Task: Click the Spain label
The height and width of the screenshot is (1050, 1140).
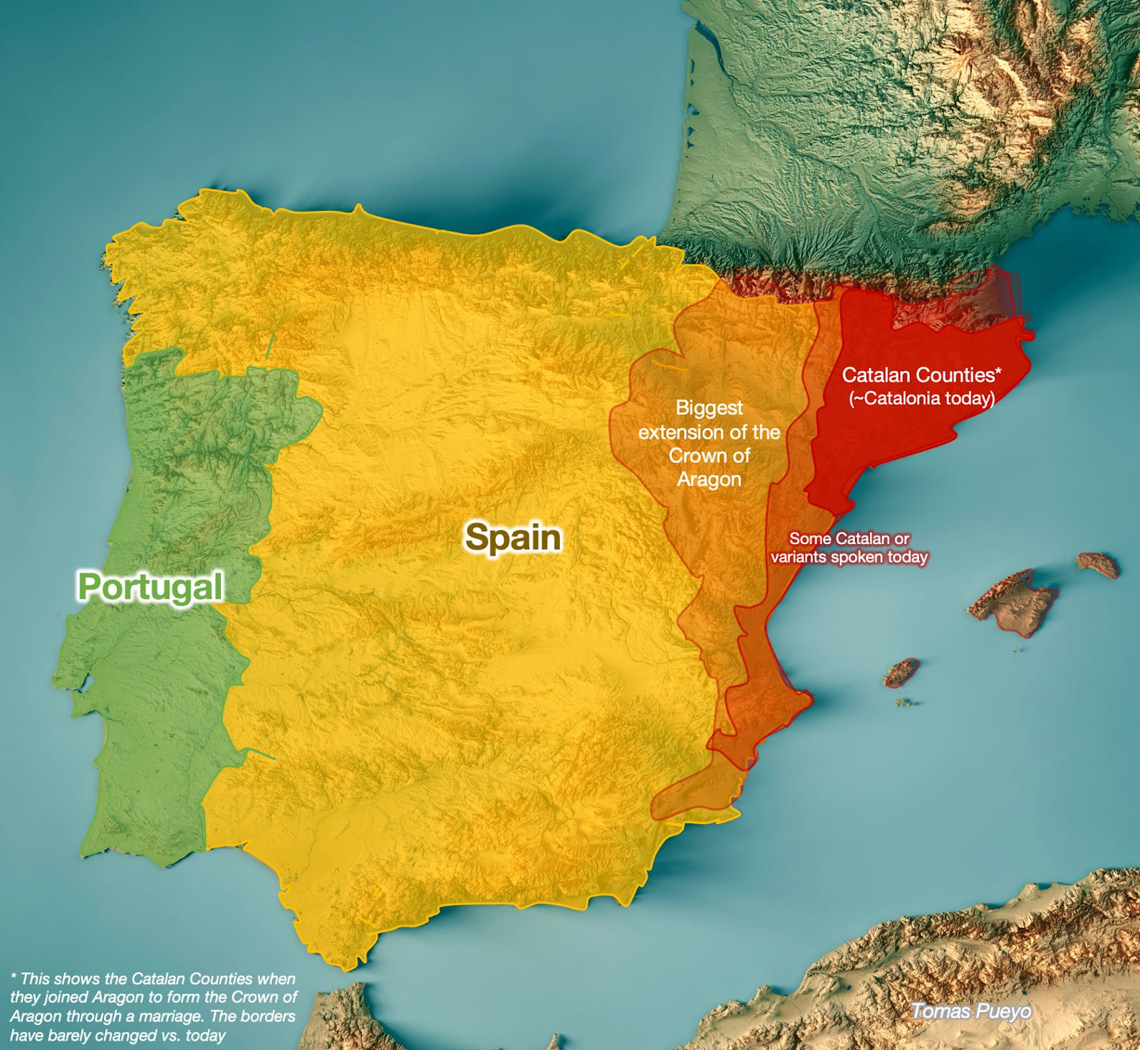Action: click(513, 537)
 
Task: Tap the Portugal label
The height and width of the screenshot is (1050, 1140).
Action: click(150, 587)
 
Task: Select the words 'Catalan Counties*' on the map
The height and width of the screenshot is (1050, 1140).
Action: click(922, 375)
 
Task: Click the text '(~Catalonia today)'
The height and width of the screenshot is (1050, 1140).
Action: click(922, 398)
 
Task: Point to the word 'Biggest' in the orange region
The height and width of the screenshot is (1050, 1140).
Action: click(709, 408)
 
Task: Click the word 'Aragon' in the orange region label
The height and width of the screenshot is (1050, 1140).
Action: click(709, 479)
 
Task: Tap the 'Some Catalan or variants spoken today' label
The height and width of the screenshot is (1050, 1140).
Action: click(849, 548)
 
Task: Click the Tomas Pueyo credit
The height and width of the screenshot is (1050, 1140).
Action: click(970, 1011)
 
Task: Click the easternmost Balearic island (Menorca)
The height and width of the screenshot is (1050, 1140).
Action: click(1098, 564)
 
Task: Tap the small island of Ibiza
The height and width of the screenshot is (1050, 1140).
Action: click(902, 672)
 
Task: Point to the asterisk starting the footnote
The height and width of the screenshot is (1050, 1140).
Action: click(14, 977)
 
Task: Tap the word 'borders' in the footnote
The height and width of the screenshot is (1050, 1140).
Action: click(271, 1017)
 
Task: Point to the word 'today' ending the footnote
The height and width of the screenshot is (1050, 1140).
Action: click(205, 1035)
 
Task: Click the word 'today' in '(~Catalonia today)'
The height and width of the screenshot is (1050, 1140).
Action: click(970, 398)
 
